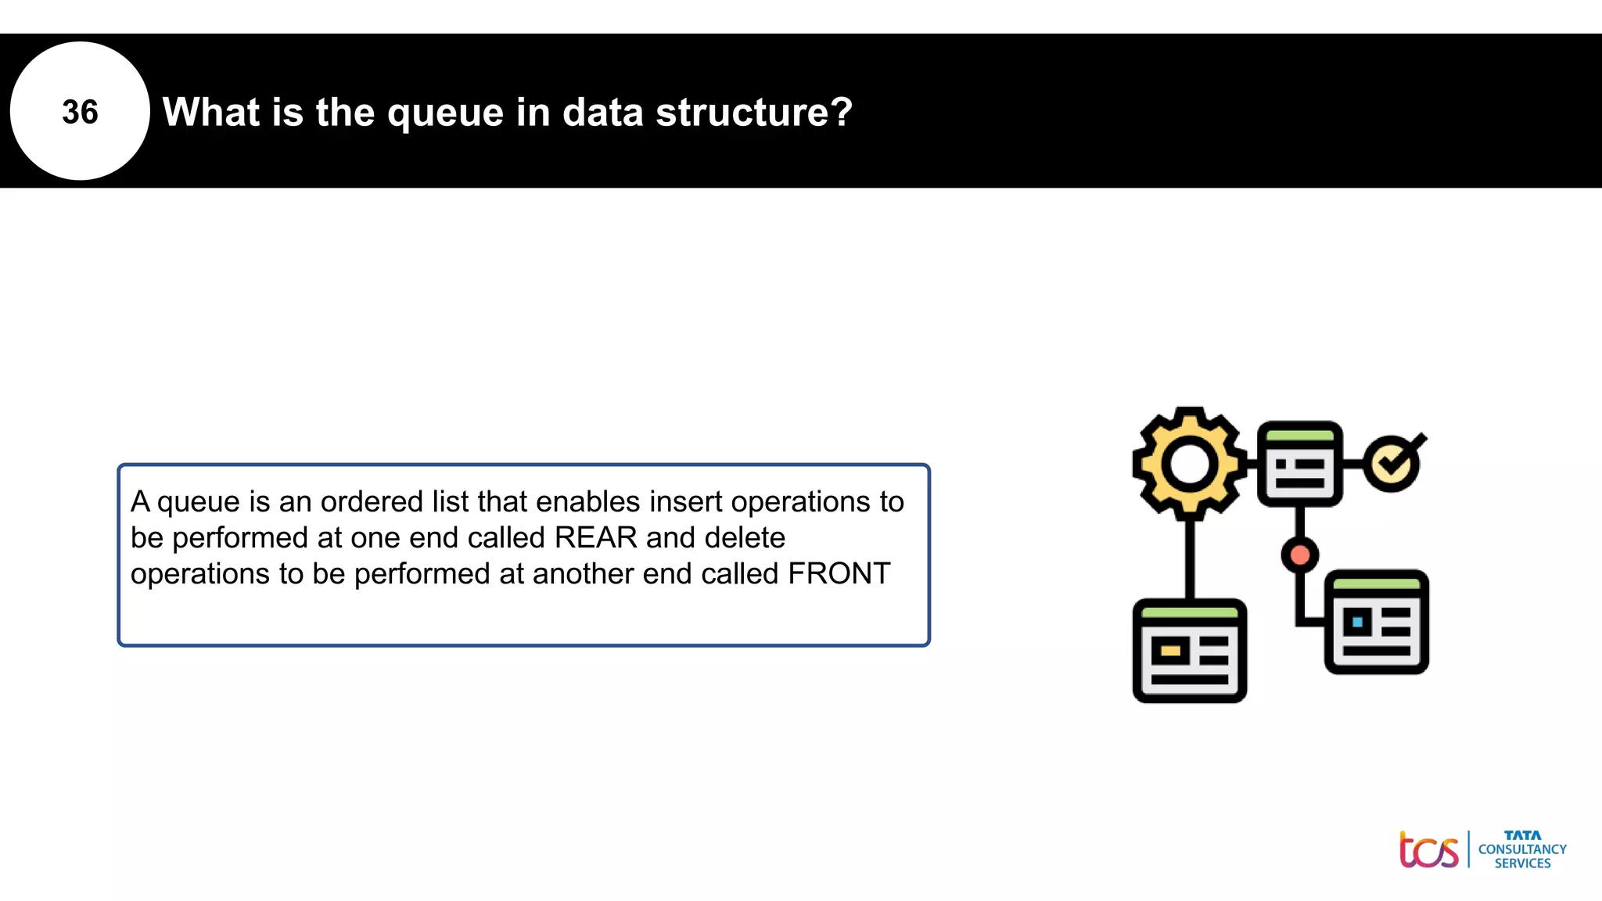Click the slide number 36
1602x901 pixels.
80,112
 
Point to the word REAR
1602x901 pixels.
595,538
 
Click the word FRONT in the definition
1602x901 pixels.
839,574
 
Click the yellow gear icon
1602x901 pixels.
1189,463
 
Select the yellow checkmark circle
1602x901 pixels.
1392,465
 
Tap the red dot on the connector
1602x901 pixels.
1300,555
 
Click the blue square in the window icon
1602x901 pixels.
1357,623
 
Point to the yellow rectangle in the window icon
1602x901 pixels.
1170,651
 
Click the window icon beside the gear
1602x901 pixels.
1300,465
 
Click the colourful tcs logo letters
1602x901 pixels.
1428,851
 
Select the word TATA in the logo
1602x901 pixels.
1522,835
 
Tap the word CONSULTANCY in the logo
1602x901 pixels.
1522,849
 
